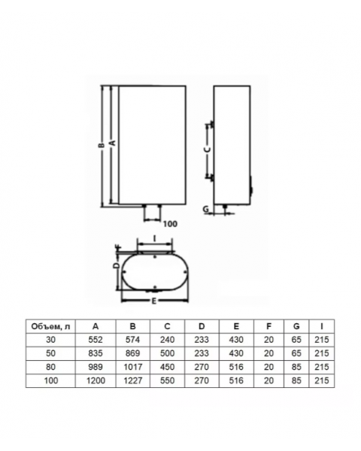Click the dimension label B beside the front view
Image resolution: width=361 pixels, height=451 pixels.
click(x=101, y=146)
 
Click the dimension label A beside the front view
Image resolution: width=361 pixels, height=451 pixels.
click(x=113, y=142)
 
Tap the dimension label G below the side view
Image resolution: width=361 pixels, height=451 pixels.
click(x=205, y=209)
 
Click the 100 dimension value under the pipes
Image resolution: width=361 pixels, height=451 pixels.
click(x=170, y=224)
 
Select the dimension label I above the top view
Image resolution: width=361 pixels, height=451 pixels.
click(x=155, y=239)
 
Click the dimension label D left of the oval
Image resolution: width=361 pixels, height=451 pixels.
click(x=117, y=265)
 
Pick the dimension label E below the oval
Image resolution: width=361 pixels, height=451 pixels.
click(x=154, y=301)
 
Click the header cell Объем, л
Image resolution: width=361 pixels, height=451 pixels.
click(x=50, y=326)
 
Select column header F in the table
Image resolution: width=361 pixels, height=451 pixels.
click(x=268, y=326)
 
